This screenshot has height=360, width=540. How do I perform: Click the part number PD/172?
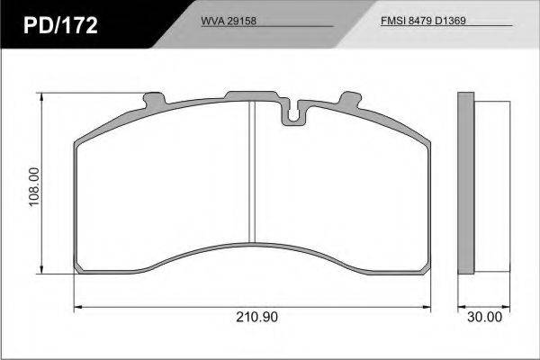pyautogui.click(x=60, y=25)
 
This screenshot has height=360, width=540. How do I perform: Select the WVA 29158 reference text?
pyautogui.click(x=229, y=21)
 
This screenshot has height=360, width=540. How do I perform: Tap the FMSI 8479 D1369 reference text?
pyautogui.click(x=423, y=21)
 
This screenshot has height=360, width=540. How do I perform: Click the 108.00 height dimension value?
pyautogui.click(x=34, y=186)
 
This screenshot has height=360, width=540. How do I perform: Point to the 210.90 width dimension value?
pyautogui.click(x=256, y=317)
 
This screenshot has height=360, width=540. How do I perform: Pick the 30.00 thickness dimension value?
pyautogui.click(x=484, y=317)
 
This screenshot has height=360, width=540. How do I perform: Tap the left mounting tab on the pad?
pyautogui.click(x=154, y=100)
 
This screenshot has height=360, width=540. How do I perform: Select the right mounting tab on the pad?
pyautogui.click(x=350, y=100)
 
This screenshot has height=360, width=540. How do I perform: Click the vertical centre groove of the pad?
pyautogui.click(x=252, y=172)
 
